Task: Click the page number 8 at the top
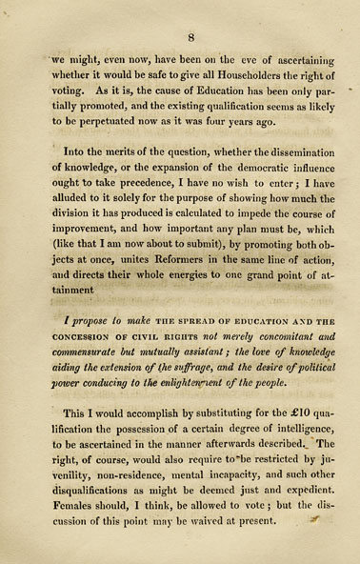pyautogui.click(x=190, y=37)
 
